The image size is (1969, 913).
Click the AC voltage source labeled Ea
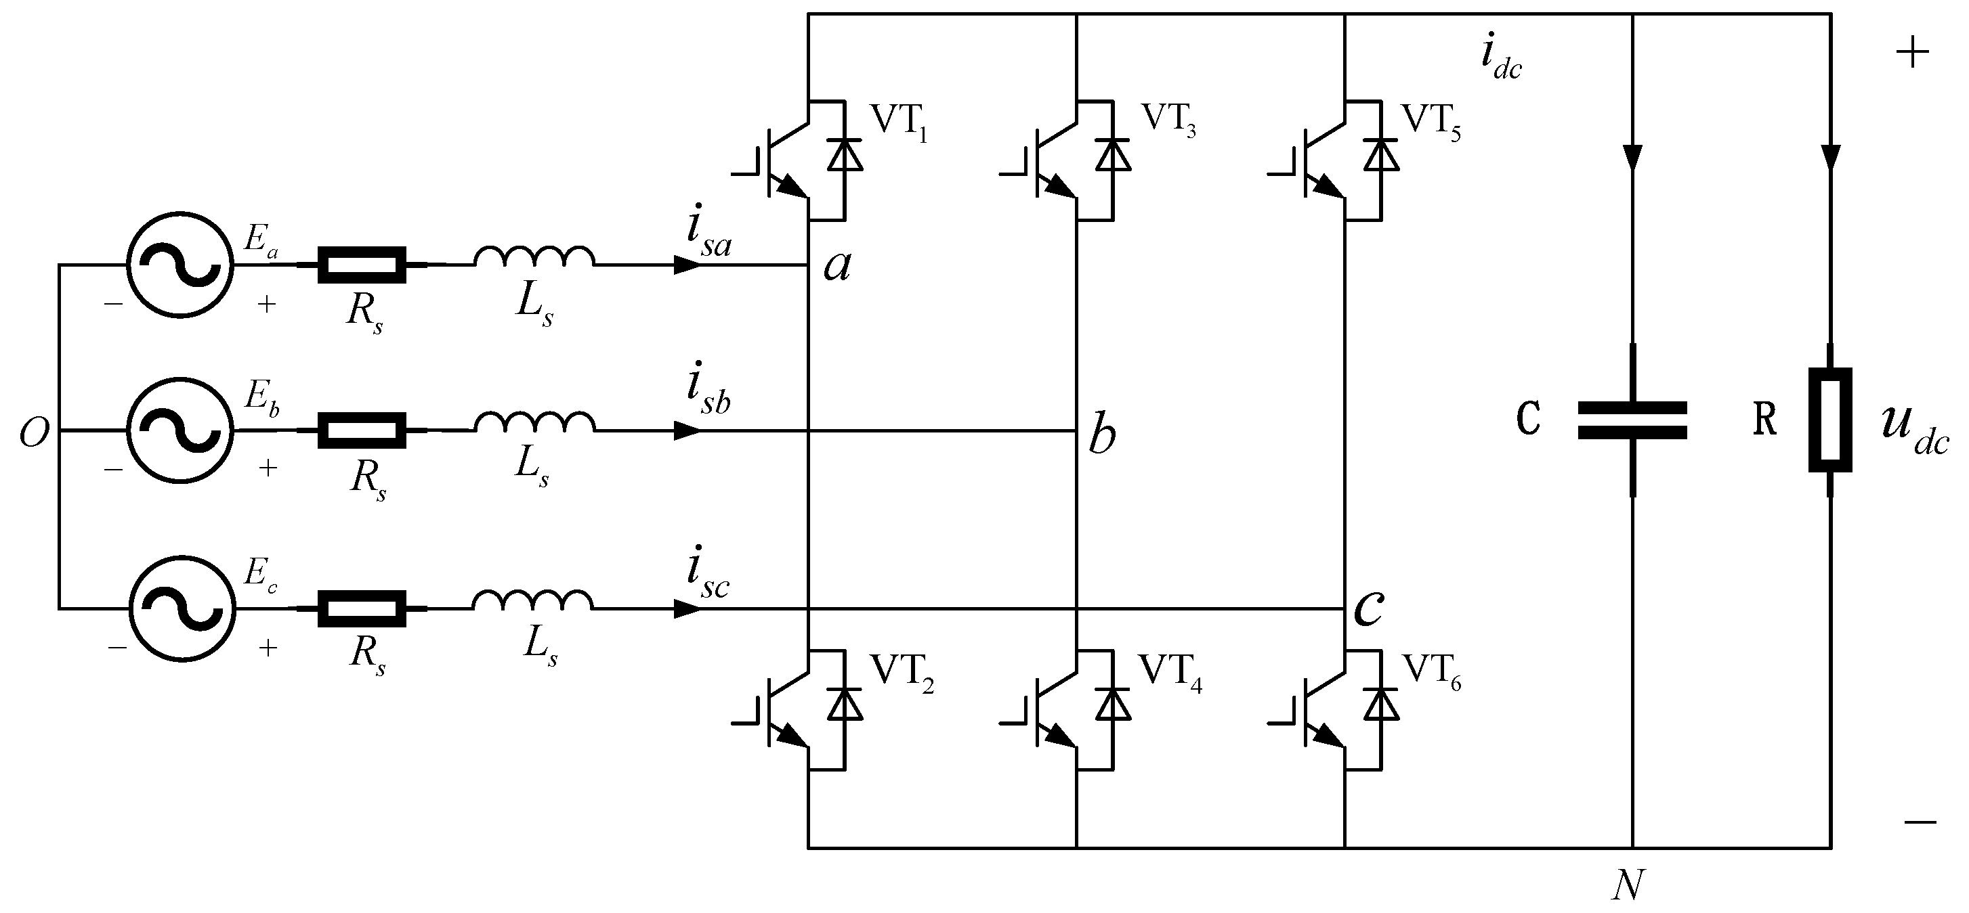179,265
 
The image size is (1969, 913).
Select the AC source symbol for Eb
179,430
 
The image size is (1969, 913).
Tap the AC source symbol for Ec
181,608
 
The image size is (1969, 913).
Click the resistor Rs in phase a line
362,265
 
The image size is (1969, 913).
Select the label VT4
1170,672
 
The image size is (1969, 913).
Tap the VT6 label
1432,672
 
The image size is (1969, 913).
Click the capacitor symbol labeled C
1632,420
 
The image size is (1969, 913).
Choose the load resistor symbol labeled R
1830,420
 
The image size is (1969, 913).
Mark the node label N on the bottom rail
1628,886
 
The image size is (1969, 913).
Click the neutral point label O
35,433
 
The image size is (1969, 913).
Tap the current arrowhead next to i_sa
686,265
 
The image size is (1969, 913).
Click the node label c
1368,609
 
